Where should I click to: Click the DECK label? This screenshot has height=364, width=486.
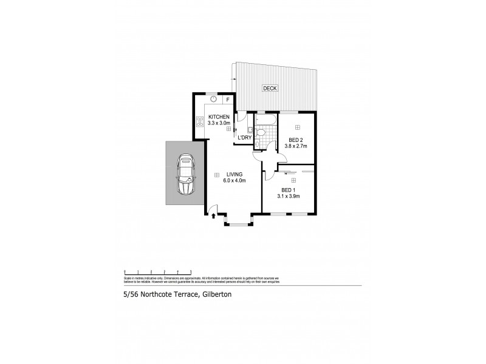pyautogui.click(x=270, y=89)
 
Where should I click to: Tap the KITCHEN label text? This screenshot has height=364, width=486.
pyautogui.click(x=219, y=116)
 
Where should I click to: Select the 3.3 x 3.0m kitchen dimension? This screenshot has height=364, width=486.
pyautogui.click(x=219, y=123)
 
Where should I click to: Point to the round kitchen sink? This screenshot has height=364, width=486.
pyautogui.click(x=214, y=99)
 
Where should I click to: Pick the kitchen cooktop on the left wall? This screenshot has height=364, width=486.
pyautogui.click(x=199, y=121)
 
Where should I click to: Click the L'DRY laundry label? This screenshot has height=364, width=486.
pyautogui.click(x=245, y=138)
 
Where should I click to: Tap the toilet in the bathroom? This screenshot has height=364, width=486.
pyautogui.click(x=260, y=131)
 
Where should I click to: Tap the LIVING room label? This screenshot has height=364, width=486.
pyautogui.click(x=228, y=174)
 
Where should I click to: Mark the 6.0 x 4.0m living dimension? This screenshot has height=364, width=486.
pyautogui.click(x=228, y=181)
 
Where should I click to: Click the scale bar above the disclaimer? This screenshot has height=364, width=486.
pyautogui.click(x=158, y=271)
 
